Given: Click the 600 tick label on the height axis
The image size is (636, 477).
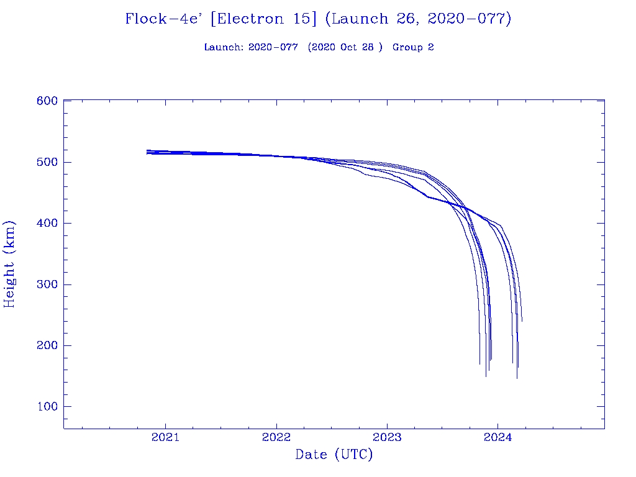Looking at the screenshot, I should tap(47, 101).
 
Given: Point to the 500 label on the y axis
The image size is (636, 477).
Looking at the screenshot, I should tap(47, 162).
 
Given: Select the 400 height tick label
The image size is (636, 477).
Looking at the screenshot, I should tap(47, 223).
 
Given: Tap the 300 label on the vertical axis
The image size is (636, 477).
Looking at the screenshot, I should tap(47, 284).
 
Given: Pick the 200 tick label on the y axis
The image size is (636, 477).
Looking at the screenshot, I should tap(47, 345).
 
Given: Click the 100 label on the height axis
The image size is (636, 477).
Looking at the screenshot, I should tap(47, 407).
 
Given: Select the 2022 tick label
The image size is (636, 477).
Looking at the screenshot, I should tap(276, 437).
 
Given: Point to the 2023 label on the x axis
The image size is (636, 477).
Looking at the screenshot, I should tap(387, 437).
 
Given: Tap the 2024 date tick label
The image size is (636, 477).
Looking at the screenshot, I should tap(497, 437).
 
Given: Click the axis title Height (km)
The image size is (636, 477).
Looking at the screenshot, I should tap(10, 264).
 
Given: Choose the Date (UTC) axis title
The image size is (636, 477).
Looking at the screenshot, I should tap(334, 455).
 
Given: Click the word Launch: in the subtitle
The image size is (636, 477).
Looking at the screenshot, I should tap(224, 48).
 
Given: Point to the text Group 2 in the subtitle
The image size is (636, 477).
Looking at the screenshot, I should tap(413, 48).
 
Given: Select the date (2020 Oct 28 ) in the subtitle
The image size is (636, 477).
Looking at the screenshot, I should tap(345, 48).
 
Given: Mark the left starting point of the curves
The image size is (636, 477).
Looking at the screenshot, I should tap(147, 152).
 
